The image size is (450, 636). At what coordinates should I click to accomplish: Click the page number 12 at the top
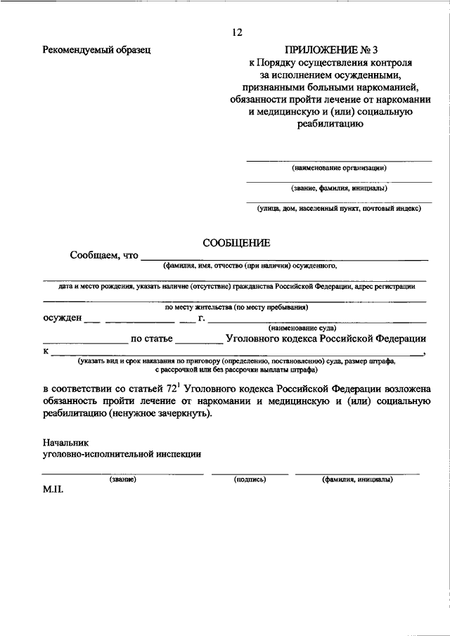click(x=236, y=32)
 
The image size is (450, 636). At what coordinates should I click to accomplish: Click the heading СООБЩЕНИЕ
click(x=236, y=242)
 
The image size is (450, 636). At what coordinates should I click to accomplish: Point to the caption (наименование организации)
click(x=339, y=168)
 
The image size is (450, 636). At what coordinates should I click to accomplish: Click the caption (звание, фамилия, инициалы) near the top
click(x=339, y=188)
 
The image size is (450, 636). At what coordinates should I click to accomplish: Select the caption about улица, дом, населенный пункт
click(x=339, y=208)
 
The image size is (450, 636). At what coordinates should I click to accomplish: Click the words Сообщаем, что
click(x=104, y=255)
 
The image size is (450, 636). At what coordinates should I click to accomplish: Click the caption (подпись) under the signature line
click(x=250, y=479)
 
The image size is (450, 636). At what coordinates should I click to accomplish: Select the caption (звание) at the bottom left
click(x=122, y=479)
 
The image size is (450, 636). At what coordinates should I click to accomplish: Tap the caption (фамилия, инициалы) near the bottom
click(x=357, y=479)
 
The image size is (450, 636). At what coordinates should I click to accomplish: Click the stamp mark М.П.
click(x=53, y=490)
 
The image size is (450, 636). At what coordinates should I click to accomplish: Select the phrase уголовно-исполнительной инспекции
click(x=122, y=454)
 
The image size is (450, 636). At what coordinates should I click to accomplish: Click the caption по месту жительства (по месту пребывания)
click(x=236, y=307)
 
